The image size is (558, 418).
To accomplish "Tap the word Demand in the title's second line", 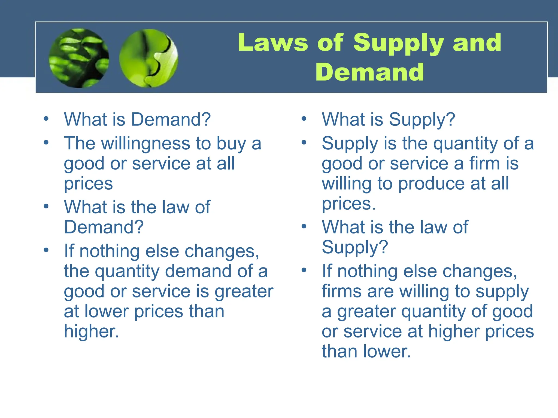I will point(370,72).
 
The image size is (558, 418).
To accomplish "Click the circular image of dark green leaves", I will point(79,58).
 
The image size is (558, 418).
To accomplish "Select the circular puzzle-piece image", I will point(149,58).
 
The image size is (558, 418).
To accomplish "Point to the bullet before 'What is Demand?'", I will point(46,119).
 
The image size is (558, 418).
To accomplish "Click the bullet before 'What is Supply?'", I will point(304,119).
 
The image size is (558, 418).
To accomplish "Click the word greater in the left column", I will point(244,291).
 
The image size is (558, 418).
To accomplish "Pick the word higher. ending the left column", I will point(91,331).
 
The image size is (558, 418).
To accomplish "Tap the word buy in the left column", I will point(231,143).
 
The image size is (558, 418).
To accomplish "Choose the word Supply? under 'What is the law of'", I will point(355,247).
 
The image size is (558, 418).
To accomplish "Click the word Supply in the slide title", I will point(399,43).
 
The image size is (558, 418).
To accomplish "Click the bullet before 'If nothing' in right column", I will point(304,270).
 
